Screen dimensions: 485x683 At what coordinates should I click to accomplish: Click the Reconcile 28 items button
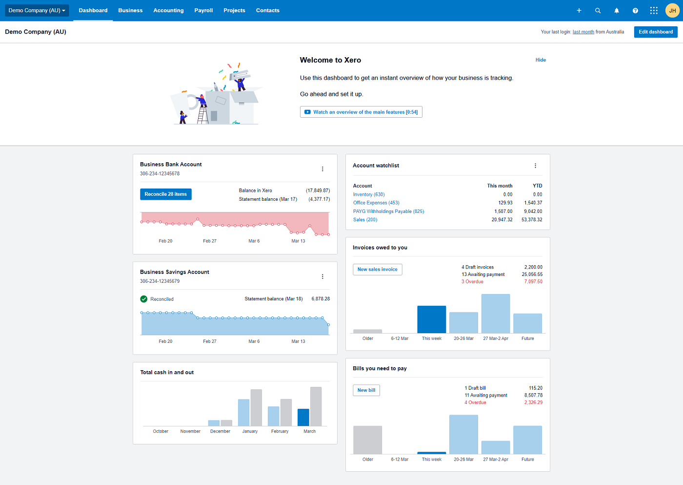165,194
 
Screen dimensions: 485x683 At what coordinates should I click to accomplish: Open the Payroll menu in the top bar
203,10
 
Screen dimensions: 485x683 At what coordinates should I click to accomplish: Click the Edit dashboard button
656,32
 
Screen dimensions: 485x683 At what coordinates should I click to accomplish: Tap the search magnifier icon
598,11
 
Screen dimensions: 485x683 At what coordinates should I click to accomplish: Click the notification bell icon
617,11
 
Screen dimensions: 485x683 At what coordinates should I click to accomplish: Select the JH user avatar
672,11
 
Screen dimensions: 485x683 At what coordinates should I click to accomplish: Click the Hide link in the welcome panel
541,60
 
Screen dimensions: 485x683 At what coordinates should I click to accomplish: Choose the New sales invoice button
377,270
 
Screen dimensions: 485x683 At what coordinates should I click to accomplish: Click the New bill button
366,390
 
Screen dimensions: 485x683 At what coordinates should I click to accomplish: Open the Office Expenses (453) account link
376,203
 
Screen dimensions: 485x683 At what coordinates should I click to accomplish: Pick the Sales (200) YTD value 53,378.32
532,220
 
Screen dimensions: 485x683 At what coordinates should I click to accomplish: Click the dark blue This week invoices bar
432,319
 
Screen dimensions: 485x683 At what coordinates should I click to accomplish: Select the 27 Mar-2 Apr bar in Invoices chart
496,314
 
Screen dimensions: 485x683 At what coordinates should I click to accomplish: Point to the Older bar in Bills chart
367,440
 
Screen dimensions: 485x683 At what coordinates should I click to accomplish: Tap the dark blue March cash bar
303,418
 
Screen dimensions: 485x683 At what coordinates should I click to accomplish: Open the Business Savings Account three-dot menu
322,276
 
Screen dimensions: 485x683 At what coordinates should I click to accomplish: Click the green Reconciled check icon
144,299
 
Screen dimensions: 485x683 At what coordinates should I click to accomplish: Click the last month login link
583,32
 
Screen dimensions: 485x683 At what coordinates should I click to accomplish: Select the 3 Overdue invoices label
472,282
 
